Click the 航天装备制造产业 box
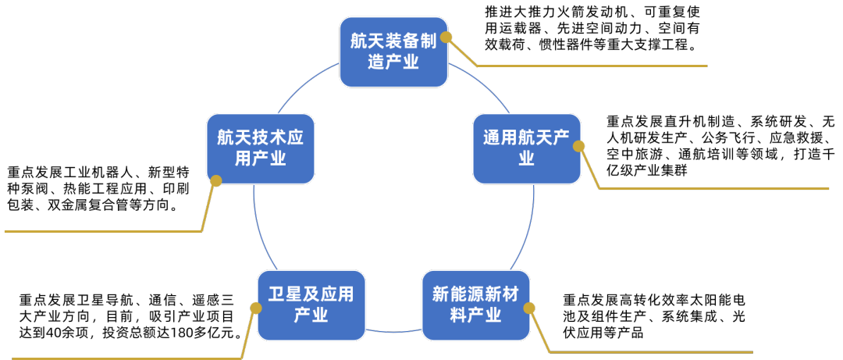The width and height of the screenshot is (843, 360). click(x=393, y=52)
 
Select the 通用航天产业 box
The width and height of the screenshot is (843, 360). click(x=527, y=148)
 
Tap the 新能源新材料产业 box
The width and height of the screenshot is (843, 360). click(x=475, y=305)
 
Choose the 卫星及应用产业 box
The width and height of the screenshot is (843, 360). click(x=311, y=305)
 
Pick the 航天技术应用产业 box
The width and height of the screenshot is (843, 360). click(x=260, y=148)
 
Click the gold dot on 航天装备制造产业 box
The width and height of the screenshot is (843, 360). click(x=446, y=37)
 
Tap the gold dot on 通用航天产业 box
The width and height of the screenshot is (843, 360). click(x=579, y=146)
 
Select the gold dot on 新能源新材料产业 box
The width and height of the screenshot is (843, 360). click(x=529, y=308)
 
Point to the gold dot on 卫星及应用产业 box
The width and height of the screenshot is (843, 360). click(x=256, y=308)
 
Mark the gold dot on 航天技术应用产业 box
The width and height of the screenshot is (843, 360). click(x=216, y=180)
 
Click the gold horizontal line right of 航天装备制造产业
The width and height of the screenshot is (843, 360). click(x=593, y=66)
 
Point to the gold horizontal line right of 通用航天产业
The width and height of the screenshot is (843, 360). click(x=714, y=188)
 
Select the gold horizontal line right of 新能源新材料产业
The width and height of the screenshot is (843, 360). click(x=652, y=352)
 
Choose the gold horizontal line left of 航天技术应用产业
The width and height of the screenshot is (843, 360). click(x=101, y=231)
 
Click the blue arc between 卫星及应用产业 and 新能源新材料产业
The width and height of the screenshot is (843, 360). click(x=393, y=332)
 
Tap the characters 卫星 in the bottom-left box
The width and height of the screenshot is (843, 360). click(x=285, y=294)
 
